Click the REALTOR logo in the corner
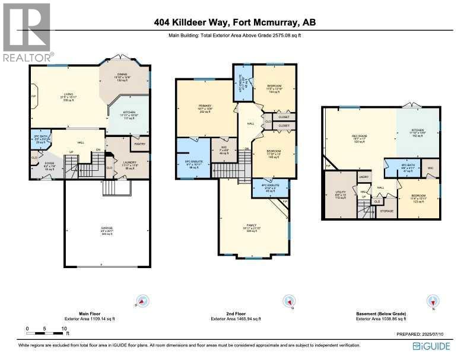point(27,32)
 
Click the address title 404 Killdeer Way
point(234,23)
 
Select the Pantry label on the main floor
point(140,144)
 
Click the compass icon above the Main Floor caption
point(142,302)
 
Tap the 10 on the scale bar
point(63,328)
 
